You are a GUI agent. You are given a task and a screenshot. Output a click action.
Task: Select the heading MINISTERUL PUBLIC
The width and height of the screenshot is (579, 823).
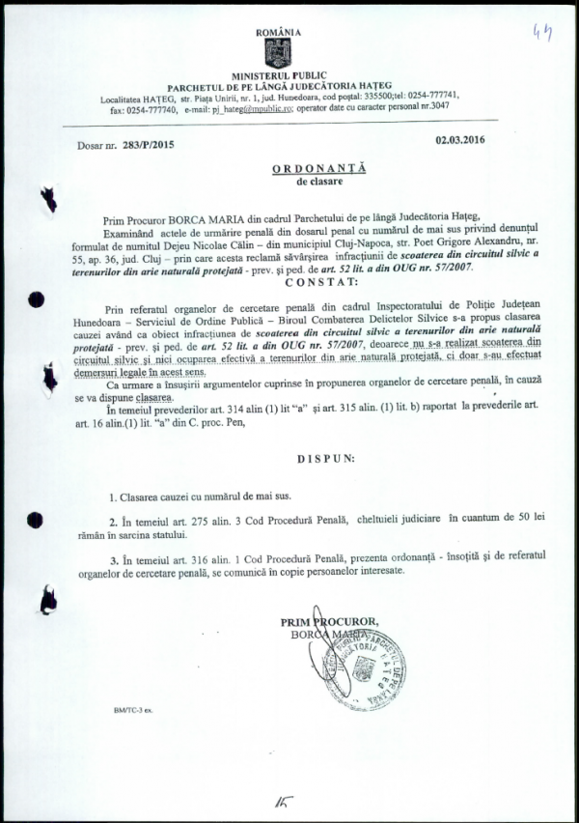(x=280, y=75)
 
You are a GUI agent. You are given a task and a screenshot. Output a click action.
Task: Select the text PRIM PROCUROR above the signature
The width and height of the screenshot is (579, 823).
(x=329, y=621)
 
